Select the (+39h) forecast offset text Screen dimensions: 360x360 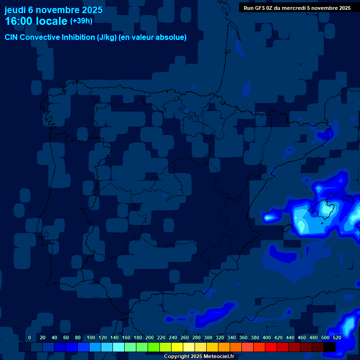81,21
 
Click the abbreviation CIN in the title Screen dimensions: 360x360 12,37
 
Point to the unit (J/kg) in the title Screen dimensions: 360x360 107,37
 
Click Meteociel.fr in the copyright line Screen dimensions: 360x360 219,357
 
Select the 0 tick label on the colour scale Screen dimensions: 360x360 30,338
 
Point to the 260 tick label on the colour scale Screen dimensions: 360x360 185,338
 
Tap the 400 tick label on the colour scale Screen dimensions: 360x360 267,338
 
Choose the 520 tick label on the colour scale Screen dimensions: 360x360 337,338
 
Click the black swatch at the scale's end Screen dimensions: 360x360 330,347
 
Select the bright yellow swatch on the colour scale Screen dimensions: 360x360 177,347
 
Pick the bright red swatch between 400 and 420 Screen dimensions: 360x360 270,347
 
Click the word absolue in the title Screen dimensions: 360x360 172,37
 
